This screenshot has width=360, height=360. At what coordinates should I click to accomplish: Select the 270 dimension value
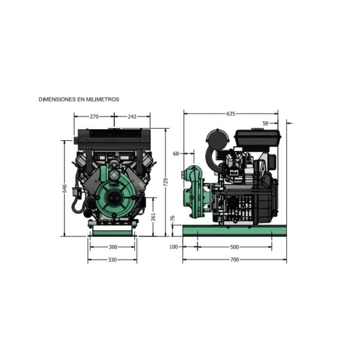[94, 117]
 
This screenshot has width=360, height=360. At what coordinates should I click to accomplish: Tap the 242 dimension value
[132, 117]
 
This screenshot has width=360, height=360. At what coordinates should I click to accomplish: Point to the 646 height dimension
[65, 188]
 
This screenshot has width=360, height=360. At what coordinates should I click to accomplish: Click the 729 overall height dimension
[166, 182]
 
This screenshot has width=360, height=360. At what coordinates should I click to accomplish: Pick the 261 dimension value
[153, 217]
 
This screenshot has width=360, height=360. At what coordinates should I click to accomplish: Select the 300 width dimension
[113, 247]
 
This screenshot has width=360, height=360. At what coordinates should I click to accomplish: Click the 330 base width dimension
[112, 260]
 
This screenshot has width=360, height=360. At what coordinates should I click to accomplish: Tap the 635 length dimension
[231, 114]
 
